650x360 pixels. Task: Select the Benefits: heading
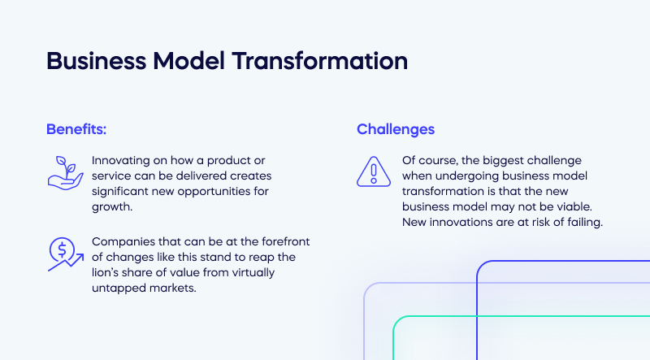[x=76, y=129]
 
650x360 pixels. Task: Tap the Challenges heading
[x=396, y=129]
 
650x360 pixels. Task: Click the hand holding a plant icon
[x=63, y=171]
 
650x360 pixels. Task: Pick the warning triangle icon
[x=373, y=171]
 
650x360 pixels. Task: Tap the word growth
[x=111, y=207]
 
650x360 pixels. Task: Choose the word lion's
[x=110, y=272]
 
